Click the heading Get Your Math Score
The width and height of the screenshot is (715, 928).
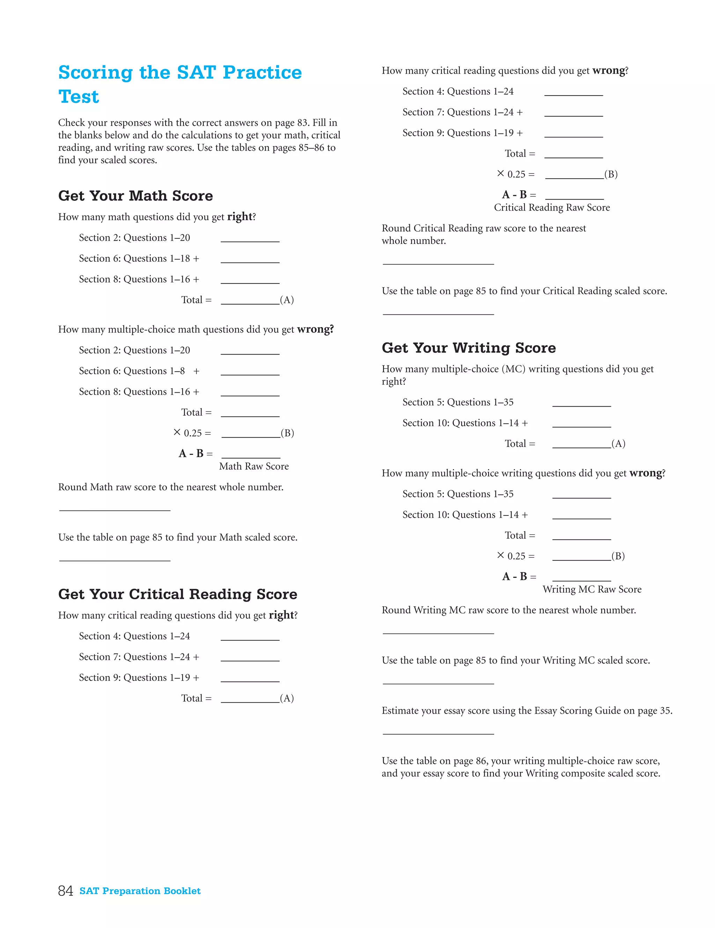click(135, 196)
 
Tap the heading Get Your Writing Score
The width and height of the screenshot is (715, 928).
click(469, 348)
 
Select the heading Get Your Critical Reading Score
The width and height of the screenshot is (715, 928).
click(177, 594)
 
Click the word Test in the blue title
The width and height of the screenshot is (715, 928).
click(79, 97)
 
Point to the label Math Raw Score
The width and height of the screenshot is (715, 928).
click(254, 466)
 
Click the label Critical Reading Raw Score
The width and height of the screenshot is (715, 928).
click(551, 207)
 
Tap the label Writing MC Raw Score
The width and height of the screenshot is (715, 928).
click(592, 589)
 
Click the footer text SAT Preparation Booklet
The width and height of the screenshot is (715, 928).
click(140, 891)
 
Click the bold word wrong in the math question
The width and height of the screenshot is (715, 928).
click(315, 329)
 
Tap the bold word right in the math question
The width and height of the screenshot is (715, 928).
click(239, 217)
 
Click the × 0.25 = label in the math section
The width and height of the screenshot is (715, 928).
click(192, 433)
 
